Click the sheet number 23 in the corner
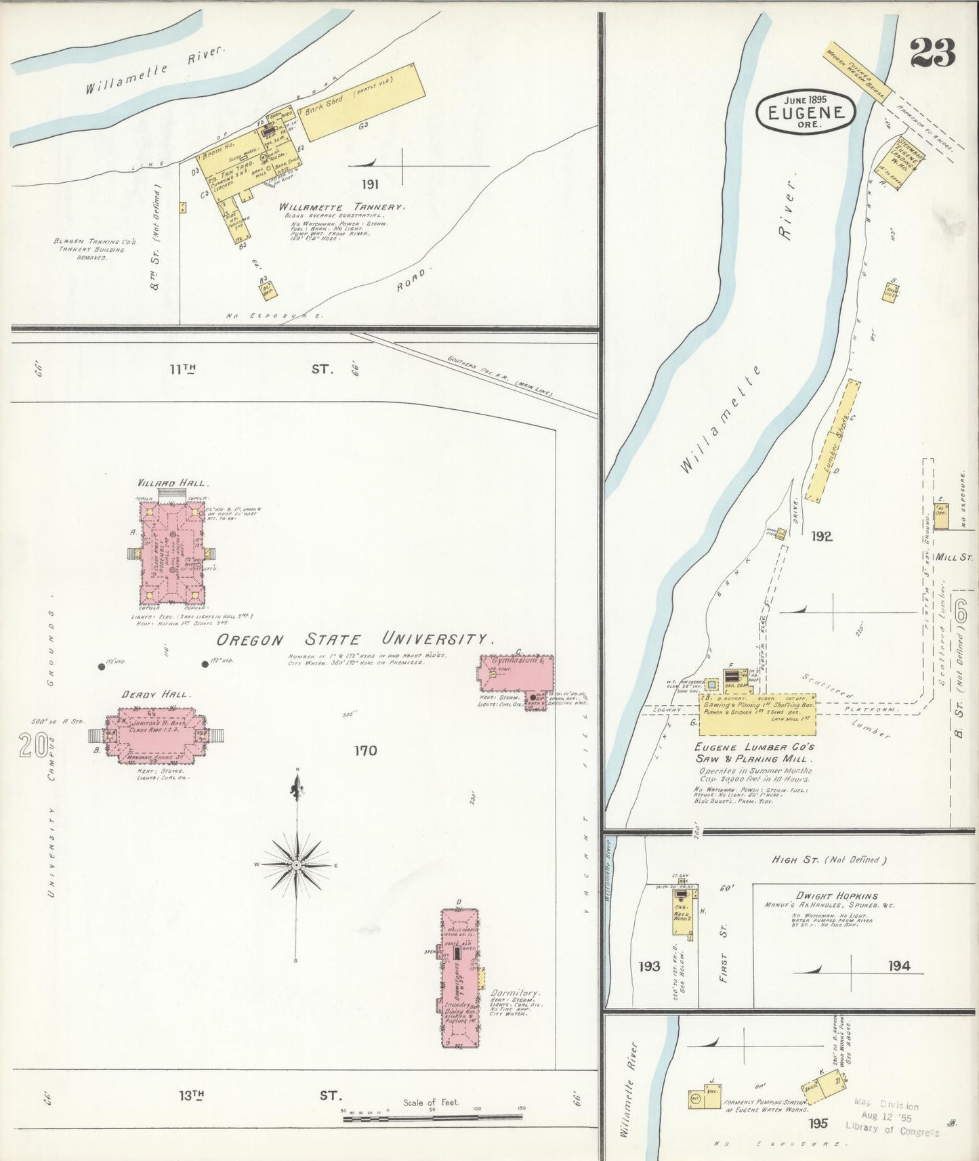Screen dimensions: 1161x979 (x=932, y=53)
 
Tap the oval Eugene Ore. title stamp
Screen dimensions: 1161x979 (x=806, y=111)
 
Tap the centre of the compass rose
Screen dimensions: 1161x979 (x=297, y=866)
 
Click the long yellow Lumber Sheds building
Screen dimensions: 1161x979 (x=833, y=441)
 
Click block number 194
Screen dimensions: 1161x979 (x=899, y=965)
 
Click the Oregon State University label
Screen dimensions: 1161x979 (x=354, y=639)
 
